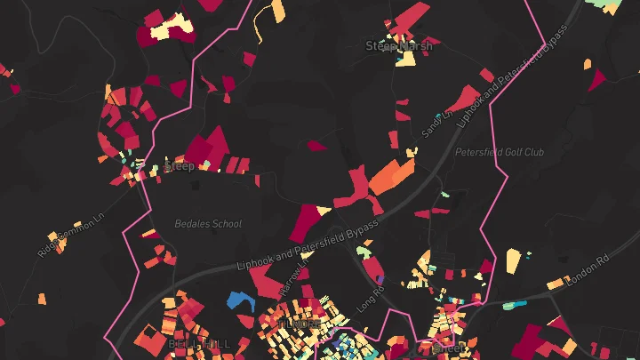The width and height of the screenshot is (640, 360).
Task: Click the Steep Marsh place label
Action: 399,45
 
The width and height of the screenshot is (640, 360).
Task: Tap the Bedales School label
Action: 208,224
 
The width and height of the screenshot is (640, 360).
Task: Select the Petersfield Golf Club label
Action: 499,152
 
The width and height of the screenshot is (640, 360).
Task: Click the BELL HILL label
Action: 198,343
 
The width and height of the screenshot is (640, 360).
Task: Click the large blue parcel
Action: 240,300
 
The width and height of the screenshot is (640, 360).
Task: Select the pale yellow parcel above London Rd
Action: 513,260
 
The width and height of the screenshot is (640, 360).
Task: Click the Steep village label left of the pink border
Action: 179,166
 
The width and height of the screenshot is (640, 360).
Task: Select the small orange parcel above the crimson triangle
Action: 588,63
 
